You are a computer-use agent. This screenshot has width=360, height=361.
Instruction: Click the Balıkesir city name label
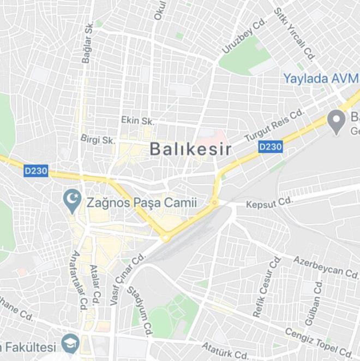tap(190, 149)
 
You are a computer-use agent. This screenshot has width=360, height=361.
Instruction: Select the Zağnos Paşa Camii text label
tap(141, 203)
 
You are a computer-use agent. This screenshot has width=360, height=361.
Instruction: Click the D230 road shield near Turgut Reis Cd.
tap(270, 147)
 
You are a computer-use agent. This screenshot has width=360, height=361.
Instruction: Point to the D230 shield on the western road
tap(36, 171)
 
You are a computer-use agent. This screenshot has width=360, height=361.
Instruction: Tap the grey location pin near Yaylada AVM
tap(337, 121)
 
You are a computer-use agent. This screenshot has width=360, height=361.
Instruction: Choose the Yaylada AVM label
tap(320, 79)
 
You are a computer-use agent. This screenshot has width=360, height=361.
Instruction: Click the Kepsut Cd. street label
tap(269, 203)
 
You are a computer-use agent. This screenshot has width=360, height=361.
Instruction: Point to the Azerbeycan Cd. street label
tap(326, 265)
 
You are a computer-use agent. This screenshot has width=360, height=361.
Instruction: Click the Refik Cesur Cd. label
tap(267, 286)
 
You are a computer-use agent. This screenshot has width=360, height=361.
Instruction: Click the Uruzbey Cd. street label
tap(243, 37)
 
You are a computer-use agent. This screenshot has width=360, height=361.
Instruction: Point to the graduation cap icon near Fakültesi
tap(70, 344)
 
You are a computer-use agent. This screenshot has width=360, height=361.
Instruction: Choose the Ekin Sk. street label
tap(137, 121)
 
